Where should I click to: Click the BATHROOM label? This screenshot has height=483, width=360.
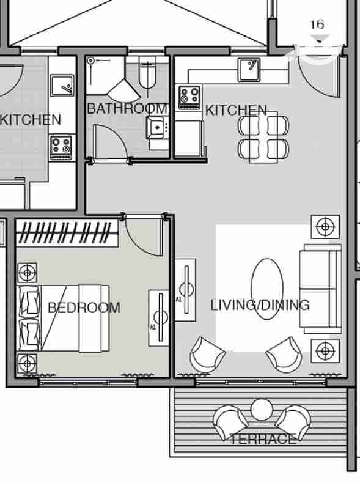pyautogui.click(x=127, y=108)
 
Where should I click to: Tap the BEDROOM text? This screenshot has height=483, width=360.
pyautogui.click(x=84, y=308)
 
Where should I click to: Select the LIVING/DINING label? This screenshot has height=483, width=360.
pyautogui.click(x=260, y=305)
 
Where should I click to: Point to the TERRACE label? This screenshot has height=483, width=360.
pyautogui.click(x=263, y=439)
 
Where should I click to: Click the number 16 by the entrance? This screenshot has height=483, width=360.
pyautogui.click(x=317, y=24)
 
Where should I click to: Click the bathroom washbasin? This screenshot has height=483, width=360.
pyautogui.click(x=157, y=127)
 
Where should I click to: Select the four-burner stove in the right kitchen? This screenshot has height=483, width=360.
pyautogui.click(x=189, y=97)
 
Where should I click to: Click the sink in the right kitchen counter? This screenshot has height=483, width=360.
pyautogui.click(x=249, y=69)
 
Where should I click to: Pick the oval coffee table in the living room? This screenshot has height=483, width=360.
pyautogui.click(x=266, y=289)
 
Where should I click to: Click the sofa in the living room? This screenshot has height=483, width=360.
pyautogui.click(x=321, y=289)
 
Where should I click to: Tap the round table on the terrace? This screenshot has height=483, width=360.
pyautogui.click(x=262, y=410)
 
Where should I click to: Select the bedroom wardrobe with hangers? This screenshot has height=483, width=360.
pyautogui.click(x=67, y=232)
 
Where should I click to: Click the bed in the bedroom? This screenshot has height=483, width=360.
pyautogui.click(x=64, y=318)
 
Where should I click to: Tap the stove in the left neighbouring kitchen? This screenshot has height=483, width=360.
pyautogui.click(x=61, y=147)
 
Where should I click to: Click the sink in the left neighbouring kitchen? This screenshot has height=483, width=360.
pyautogui.click(x=62, y=86)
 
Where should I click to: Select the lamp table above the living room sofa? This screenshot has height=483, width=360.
pyautogui.click(x=325, y=227)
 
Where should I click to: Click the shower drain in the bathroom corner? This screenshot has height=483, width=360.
pyautogui.click(x=90, y=61)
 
